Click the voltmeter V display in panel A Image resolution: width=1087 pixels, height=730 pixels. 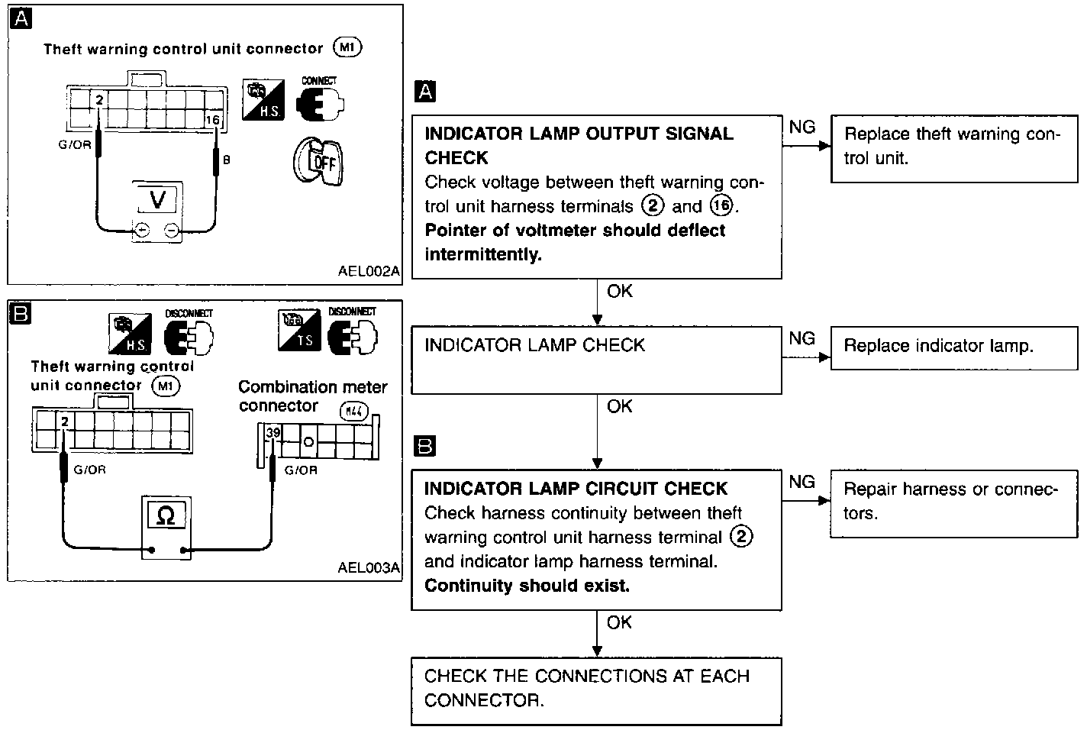click(158, 199)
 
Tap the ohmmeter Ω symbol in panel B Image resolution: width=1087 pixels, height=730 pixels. click(166, 515)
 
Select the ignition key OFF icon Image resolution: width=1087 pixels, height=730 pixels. click(318, 162)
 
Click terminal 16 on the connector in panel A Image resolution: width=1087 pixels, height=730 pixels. click(212, 119)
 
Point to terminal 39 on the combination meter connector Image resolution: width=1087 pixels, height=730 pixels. click(273, 432)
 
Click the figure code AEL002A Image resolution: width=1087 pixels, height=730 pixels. click(369, 271)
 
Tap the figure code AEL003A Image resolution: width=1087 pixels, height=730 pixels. click(369, 567)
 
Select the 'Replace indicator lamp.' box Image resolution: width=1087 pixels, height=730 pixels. click(954, 348)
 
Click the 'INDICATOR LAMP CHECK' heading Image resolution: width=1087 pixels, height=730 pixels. click(535, 345)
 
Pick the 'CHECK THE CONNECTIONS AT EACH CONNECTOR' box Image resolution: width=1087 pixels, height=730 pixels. click(596, 691)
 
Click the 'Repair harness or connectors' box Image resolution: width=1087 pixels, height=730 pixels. click(954, 503)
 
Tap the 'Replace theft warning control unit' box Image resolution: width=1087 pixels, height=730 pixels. click(954, 149)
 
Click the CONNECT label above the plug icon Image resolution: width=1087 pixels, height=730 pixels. click(319, 81)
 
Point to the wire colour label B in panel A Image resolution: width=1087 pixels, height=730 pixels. click(226, 160)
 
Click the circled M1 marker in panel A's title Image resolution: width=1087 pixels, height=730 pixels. click(347, 47)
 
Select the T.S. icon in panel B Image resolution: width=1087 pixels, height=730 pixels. click(299, 330)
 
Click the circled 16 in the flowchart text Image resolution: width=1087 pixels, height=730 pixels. click(721, 205)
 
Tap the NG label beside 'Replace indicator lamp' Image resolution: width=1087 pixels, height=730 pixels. click(802, 338)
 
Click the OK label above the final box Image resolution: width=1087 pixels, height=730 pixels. click(619, 622)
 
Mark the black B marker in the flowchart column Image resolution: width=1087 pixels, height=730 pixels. click(425, 446)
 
